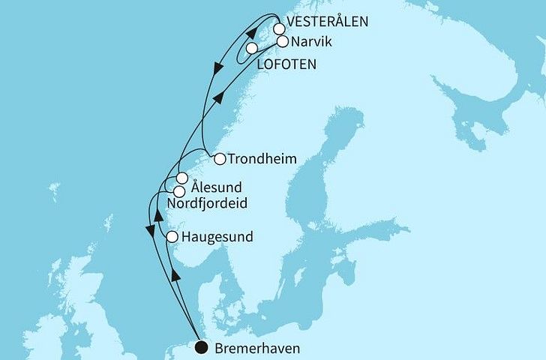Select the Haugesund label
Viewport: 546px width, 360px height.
[x=215, y=237]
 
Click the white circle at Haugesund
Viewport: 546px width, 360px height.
[x=172, y=237]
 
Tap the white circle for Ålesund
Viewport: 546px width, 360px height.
[x=181, y=178]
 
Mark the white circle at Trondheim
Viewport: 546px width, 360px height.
[x=219, y=159]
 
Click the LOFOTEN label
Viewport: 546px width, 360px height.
[x=286, y=64]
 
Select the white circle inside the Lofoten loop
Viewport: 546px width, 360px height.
[x=252, y=48]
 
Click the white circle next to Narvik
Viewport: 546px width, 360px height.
[x=282, y=42]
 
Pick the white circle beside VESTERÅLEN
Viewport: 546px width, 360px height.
[x=279, y=29]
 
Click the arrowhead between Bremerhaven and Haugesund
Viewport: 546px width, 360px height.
[x=175, y=275]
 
